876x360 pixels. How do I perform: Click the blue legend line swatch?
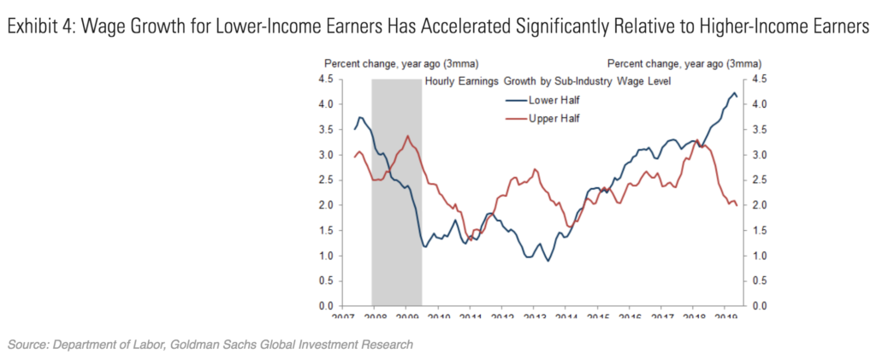coord(517,99)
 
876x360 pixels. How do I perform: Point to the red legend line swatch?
coord(517,117)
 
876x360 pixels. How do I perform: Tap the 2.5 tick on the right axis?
coord(759,180)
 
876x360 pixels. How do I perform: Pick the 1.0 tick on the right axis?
coord(759,256)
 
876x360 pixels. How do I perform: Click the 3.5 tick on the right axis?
coord(759,130)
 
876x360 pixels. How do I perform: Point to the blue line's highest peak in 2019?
coord(734,92)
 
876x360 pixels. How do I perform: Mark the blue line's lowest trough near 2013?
coord(547,261)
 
